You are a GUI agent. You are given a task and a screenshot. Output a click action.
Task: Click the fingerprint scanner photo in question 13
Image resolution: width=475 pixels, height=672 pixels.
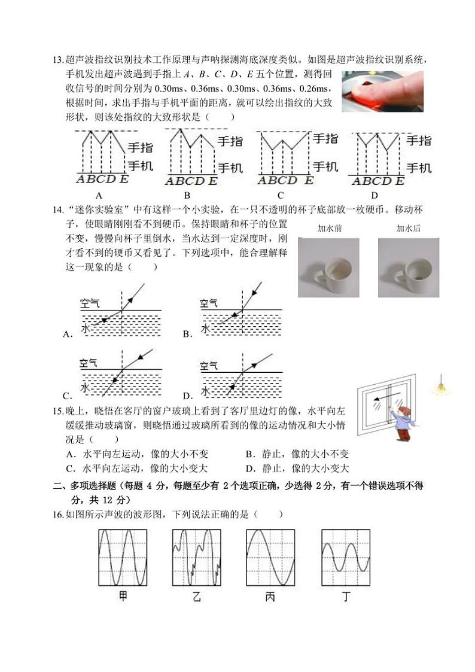382,91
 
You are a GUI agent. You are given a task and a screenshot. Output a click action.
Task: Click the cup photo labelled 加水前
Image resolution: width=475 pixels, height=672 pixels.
328,267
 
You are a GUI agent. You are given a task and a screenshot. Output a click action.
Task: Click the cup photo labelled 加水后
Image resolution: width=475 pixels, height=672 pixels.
409,267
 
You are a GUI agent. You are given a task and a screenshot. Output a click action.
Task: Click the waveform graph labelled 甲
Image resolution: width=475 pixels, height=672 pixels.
123,557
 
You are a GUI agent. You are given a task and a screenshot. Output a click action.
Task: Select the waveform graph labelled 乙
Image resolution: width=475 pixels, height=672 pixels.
197,557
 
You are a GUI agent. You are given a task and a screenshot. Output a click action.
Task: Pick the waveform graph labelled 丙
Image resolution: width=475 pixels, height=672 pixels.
270,557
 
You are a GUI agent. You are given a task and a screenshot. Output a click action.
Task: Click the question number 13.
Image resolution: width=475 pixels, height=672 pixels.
58,59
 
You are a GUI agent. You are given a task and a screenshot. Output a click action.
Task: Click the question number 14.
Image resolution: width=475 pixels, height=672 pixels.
58,209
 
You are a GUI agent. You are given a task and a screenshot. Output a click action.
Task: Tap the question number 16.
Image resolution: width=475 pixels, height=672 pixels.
58,514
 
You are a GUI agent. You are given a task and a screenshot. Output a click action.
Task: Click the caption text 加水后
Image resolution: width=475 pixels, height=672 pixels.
409,228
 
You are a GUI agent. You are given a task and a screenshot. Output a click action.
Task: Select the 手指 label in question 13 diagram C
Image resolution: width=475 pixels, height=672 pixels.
325,139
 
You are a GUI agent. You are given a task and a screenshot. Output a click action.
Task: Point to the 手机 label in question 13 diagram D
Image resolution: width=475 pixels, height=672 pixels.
418,168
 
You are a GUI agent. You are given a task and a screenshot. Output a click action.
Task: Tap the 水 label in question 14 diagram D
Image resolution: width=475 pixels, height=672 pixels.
205,390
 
